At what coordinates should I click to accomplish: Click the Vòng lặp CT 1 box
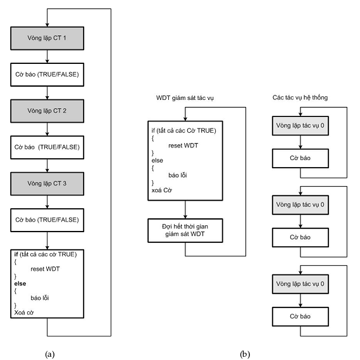[x=47, y=38]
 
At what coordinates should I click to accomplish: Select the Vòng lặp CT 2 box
[x=47, y=111]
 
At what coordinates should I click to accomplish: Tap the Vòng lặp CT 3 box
[x=47, y=183]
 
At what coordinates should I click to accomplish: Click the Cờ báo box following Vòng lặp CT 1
[x=47, y=75]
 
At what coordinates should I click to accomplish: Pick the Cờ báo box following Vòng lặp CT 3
[x=47, y=220]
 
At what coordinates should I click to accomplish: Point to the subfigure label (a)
[x=50, y=354]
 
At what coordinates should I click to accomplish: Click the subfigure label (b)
[x=245, y=354]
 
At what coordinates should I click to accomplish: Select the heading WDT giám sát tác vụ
[x=185, y=98]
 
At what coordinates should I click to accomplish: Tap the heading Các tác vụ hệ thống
[x=300, y=97]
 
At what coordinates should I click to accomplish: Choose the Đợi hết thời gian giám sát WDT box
[x=185, y=230]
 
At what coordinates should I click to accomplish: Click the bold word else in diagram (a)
[x=20, y=283]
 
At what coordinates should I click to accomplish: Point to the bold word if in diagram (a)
[x=16, y=254]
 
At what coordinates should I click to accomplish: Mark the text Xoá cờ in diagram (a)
[x=24, y=313]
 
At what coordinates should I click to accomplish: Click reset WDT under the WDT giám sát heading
[x=183, y=146]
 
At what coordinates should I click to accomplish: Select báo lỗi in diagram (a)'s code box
[x=40, y=298]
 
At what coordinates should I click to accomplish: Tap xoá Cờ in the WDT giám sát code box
[x=161, y=190]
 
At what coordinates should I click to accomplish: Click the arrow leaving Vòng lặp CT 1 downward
[x=47, y=56]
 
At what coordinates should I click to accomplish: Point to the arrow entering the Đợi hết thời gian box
[x=185, y=209]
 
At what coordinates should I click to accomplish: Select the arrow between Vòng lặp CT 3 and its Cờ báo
[x=47, y=202]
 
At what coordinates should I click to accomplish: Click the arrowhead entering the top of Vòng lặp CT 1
[x=47, y=25]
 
